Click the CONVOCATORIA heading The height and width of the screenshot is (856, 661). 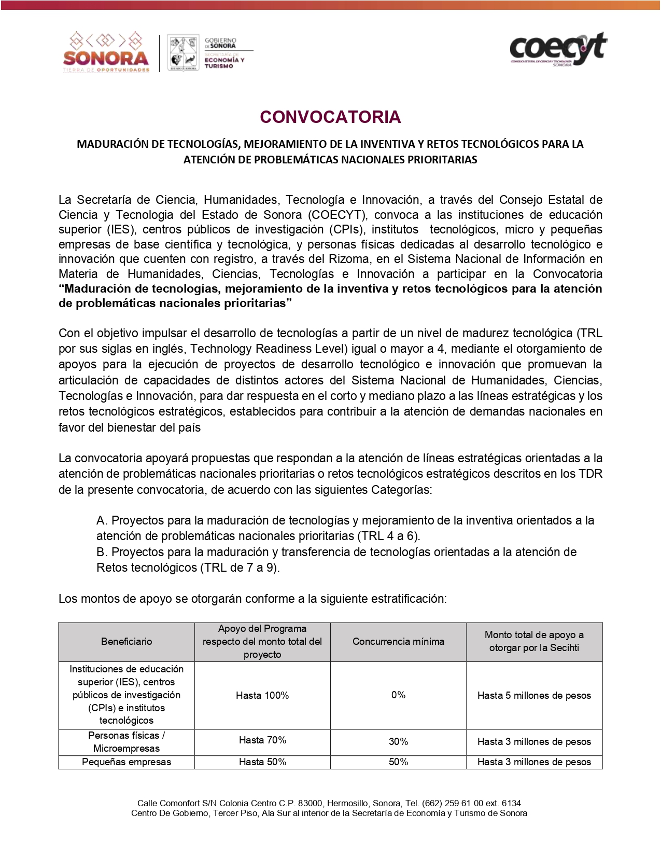[330, 117]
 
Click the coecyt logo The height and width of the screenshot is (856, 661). [558, 49]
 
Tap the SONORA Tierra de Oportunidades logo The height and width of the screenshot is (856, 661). [106, 52]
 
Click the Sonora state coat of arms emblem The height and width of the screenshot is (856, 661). [183, 53]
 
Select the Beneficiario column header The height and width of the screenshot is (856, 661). [126, 642]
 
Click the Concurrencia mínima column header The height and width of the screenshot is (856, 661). [398, 642]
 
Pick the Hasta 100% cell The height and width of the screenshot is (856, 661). [262, 695]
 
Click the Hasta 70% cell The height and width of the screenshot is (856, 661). [262, 740]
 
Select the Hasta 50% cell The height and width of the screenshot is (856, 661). [262, 762]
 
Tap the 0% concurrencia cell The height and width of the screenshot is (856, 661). [398, 695]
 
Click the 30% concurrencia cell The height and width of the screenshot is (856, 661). [398, 742]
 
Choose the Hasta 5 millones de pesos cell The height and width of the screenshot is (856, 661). [534, 696]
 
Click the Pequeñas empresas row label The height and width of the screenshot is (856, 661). [126, 762]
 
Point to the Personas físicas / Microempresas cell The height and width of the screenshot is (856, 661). [126, 742]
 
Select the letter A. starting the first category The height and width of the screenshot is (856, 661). [102, 520]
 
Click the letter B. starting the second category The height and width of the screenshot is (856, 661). [102, 552]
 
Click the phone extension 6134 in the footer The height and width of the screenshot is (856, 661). [511, 803]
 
